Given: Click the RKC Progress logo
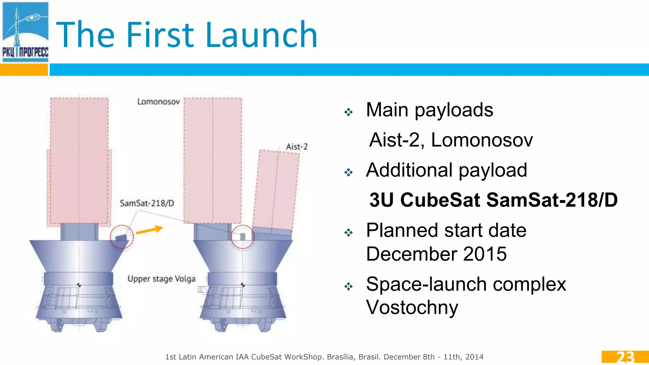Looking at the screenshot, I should click(25, 32).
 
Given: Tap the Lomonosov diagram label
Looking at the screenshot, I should click(158, 102).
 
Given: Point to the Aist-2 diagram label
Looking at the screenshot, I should click(297, 147).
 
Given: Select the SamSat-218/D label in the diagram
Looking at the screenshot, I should click(147, 203).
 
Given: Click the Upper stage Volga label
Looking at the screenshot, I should click(161, 279).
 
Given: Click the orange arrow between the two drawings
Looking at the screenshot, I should click(149, 230).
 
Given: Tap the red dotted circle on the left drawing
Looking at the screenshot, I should click(122, 237).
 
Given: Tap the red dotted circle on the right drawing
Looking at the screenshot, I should click(242, 237).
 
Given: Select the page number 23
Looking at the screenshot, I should click(625, 357).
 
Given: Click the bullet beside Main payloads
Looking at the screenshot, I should click(349, 112).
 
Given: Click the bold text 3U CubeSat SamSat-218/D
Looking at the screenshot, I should click(493, 200).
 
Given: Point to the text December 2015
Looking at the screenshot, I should click(436, 254).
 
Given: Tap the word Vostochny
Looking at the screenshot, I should click(412, 307).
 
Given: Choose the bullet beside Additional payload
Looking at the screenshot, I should click(349, 172).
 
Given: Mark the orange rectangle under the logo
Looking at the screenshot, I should click(24, 70).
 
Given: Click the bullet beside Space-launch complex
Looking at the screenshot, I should click(349, 286).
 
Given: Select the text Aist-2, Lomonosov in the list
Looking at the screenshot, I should click(451, 140).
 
